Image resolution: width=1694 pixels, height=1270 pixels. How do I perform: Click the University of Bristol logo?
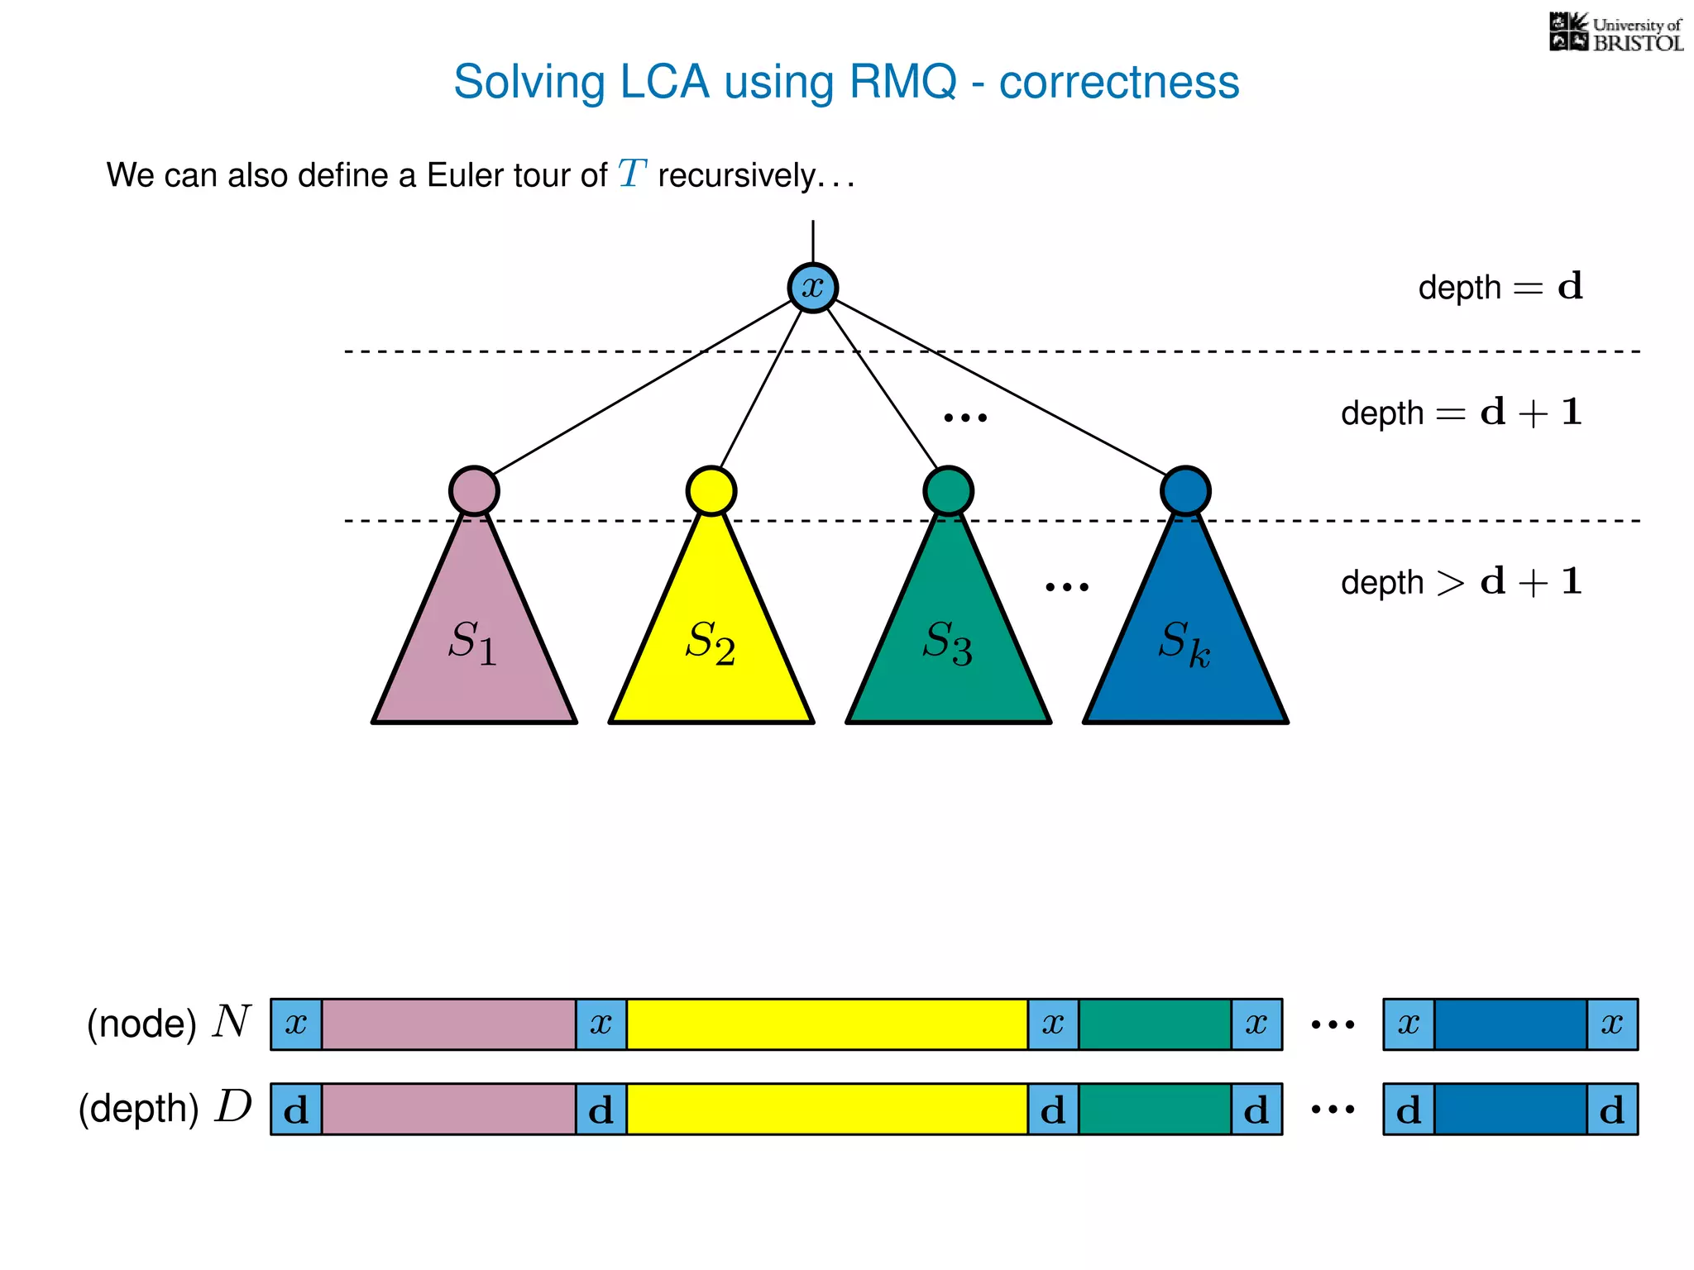point(1615,33)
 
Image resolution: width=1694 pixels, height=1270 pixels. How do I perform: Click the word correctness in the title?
point(1118,82)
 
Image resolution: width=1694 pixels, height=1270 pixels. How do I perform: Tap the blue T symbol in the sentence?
point(632,174)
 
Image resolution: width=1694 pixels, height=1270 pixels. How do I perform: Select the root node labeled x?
point(812,288)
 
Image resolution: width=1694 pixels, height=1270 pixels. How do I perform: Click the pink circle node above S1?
point(474,491)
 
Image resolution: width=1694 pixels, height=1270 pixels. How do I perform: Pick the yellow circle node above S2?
point(711,491)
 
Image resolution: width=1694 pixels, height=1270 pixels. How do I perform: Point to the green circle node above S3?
point(948,491)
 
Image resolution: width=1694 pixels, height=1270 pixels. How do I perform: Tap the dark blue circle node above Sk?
point(1185,491)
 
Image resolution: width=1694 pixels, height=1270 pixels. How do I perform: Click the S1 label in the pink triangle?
point(473,642)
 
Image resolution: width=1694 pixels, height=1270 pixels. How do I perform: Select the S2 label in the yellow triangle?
point(711,642)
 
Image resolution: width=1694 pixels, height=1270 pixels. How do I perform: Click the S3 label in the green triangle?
point(948,642)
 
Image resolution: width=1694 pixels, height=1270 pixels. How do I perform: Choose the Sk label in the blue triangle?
point(1184,642)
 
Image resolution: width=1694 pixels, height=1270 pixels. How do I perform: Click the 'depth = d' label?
point(1500,288)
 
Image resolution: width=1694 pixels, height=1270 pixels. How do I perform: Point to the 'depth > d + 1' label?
point(1461,582)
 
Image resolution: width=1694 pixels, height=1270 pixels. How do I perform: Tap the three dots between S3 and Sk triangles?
point(1067,587)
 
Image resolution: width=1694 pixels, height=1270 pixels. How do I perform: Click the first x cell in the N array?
point(296,1024)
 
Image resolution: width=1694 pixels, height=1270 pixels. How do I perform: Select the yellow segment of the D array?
point(827,1110)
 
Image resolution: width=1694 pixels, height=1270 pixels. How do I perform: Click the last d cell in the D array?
point(1612,1110)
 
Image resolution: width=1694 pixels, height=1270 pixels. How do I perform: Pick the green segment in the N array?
point(1155,1024)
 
